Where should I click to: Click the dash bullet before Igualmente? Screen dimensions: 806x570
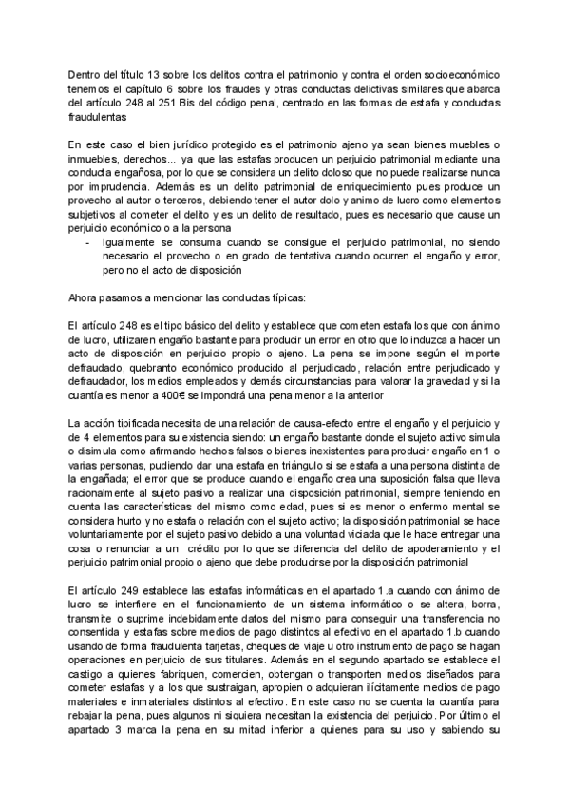point(88,242)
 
